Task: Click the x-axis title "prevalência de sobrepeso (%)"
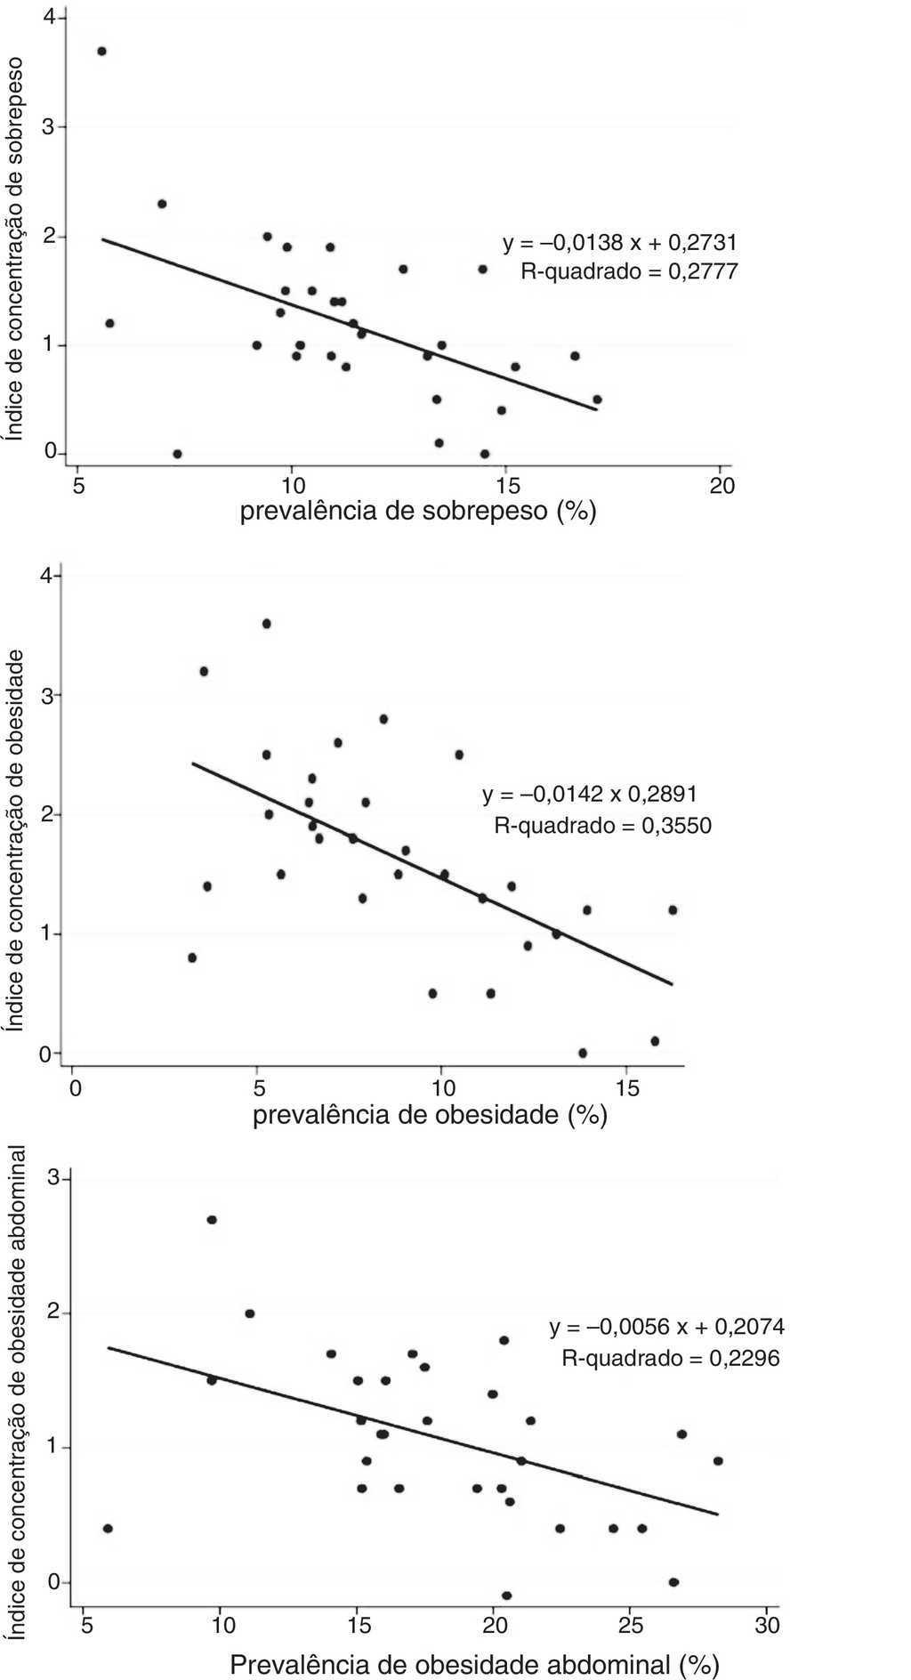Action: pos(417,513)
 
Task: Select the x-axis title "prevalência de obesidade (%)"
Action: pos(430,1115)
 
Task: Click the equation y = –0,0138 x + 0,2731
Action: pos(620,242)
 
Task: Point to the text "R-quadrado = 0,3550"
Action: pos(602,825)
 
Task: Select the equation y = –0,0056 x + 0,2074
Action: pos(666,1328)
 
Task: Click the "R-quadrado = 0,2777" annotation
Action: pos(629,271)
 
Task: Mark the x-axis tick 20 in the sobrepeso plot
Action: pos(722,485)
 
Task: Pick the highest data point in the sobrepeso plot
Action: pos(101,52)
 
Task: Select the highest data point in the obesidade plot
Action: pos(266,624)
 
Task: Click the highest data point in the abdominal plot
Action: pos(212,1220)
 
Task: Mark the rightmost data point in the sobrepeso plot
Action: pos(597,400)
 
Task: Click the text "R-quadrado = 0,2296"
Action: pos(670,1359)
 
